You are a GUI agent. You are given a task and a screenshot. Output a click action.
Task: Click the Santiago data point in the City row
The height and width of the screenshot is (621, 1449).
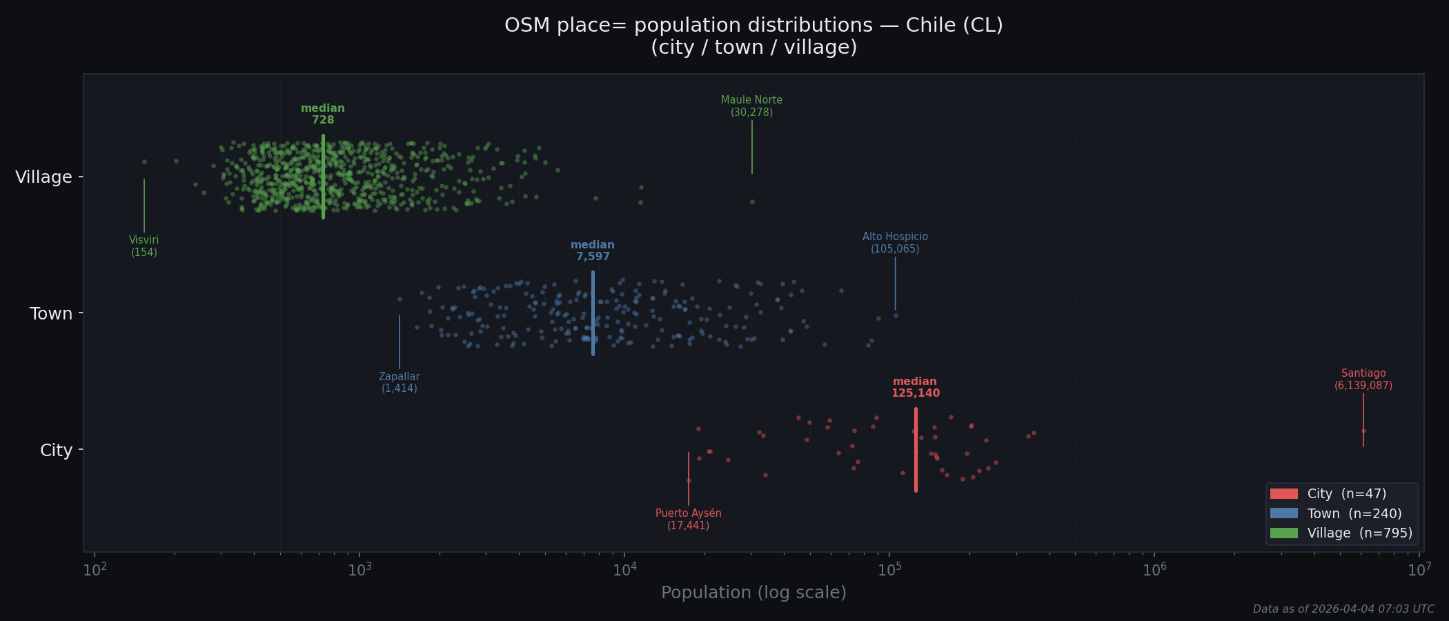[1363, 431]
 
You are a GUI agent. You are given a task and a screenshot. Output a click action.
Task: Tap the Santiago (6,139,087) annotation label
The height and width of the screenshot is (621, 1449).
[1363, 379]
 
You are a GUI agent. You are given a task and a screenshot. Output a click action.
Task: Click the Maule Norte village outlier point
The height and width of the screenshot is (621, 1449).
[752, 202]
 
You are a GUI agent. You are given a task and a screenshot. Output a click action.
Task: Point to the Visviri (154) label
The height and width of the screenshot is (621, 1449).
[144, 246]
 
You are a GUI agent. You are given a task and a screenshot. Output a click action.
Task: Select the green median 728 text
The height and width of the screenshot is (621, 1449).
[323, 115]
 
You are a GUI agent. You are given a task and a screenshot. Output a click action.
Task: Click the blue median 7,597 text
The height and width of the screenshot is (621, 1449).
[593, 251]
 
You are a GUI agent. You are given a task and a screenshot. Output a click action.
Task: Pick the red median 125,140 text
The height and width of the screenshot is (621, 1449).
[915, 388]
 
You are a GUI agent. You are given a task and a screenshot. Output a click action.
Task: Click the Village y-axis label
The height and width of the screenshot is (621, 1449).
[44, 177]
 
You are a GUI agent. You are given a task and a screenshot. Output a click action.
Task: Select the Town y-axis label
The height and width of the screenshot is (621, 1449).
[51, 314]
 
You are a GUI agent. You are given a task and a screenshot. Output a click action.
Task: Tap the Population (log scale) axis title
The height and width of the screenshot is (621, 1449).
[753, 593]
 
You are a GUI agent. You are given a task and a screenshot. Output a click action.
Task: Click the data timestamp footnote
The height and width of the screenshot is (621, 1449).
[1343, 609]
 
